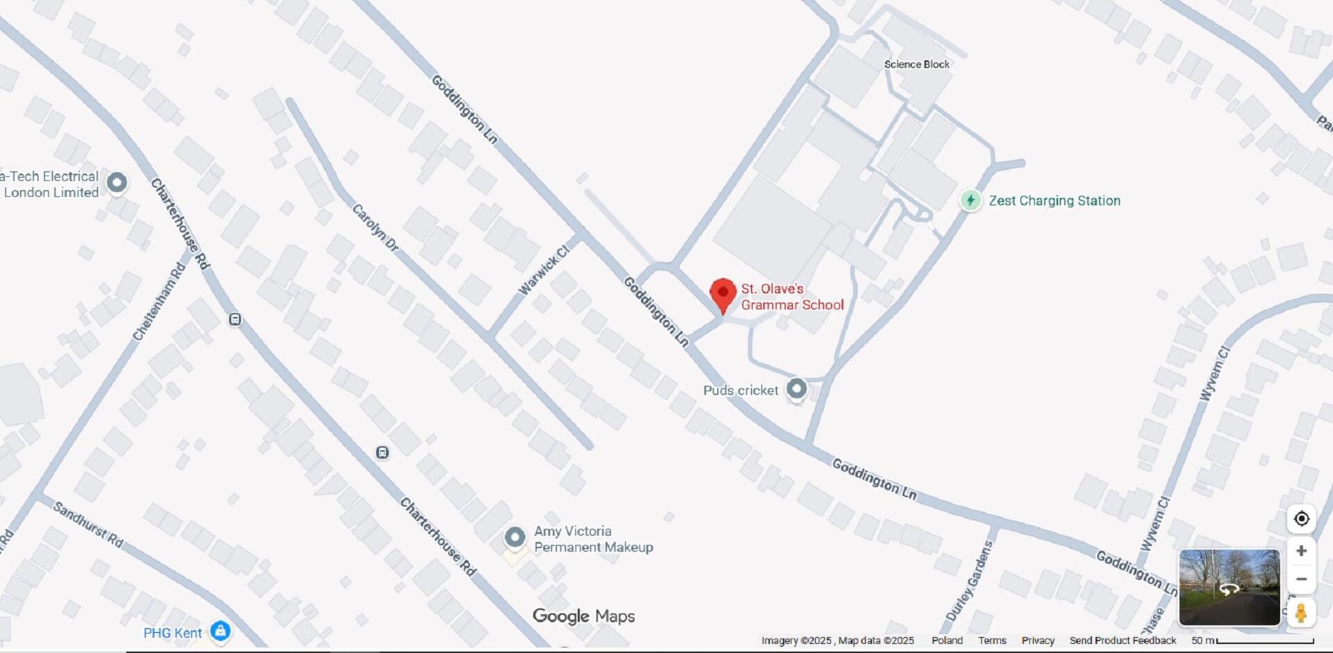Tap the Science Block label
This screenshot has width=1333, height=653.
coord(916,65)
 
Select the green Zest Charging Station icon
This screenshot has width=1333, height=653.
coord(971,201)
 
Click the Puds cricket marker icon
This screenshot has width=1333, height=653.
coord(796,389)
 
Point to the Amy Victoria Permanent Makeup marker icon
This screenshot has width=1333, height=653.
coord(514,537)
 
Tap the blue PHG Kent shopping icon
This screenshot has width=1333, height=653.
coord(221,631)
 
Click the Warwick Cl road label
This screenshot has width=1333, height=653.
coord(544,269)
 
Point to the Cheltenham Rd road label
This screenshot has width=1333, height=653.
coord(160,302)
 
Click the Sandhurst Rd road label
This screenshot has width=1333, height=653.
coord(88,525)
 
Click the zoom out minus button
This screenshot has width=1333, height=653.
coord(1301,579)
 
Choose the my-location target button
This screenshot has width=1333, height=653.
coord(1301,518)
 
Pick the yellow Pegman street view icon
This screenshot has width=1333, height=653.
coord(1301,613)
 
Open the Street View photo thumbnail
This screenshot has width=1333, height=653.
coord(1229,588)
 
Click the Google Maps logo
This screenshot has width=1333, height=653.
coord(583,616)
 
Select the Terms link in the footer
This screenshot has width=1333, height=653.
coord(992,641)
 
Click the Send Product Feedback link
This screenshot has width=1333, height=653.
coord(1122,641)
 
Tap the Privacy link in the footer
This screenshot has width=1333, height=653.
coord(1037,641)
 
